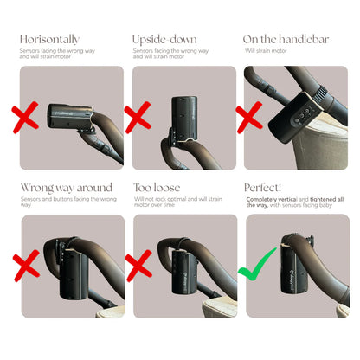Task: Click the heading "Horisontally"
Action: (49, 40)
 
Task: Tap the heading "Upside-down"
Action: (164, 40)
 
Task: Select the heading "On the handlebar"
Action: (286, 39)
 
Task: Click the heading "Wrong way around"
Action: (67, 188)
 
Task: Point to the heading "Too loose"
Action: (157, 188)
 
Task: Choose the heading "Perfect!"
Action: (262, 188)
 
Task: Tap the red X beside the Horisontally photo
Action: (25, 118)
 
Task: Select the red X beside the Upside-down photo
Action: (138, 118)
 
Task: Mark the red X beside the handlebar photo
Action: (249, 118)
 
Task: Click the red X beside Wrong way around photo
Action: (26, 266)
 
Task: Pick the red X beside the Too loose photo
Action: (138, 266)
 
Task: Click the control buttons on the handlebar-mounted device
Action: (302, 117)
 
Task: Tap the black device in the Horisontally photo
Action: (70, 116)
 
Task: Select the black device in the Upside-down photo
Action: (184, 119)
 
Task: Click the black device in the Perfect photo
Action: (292, 267)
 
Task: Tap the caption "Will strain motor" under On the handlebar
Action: (266, 51)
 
